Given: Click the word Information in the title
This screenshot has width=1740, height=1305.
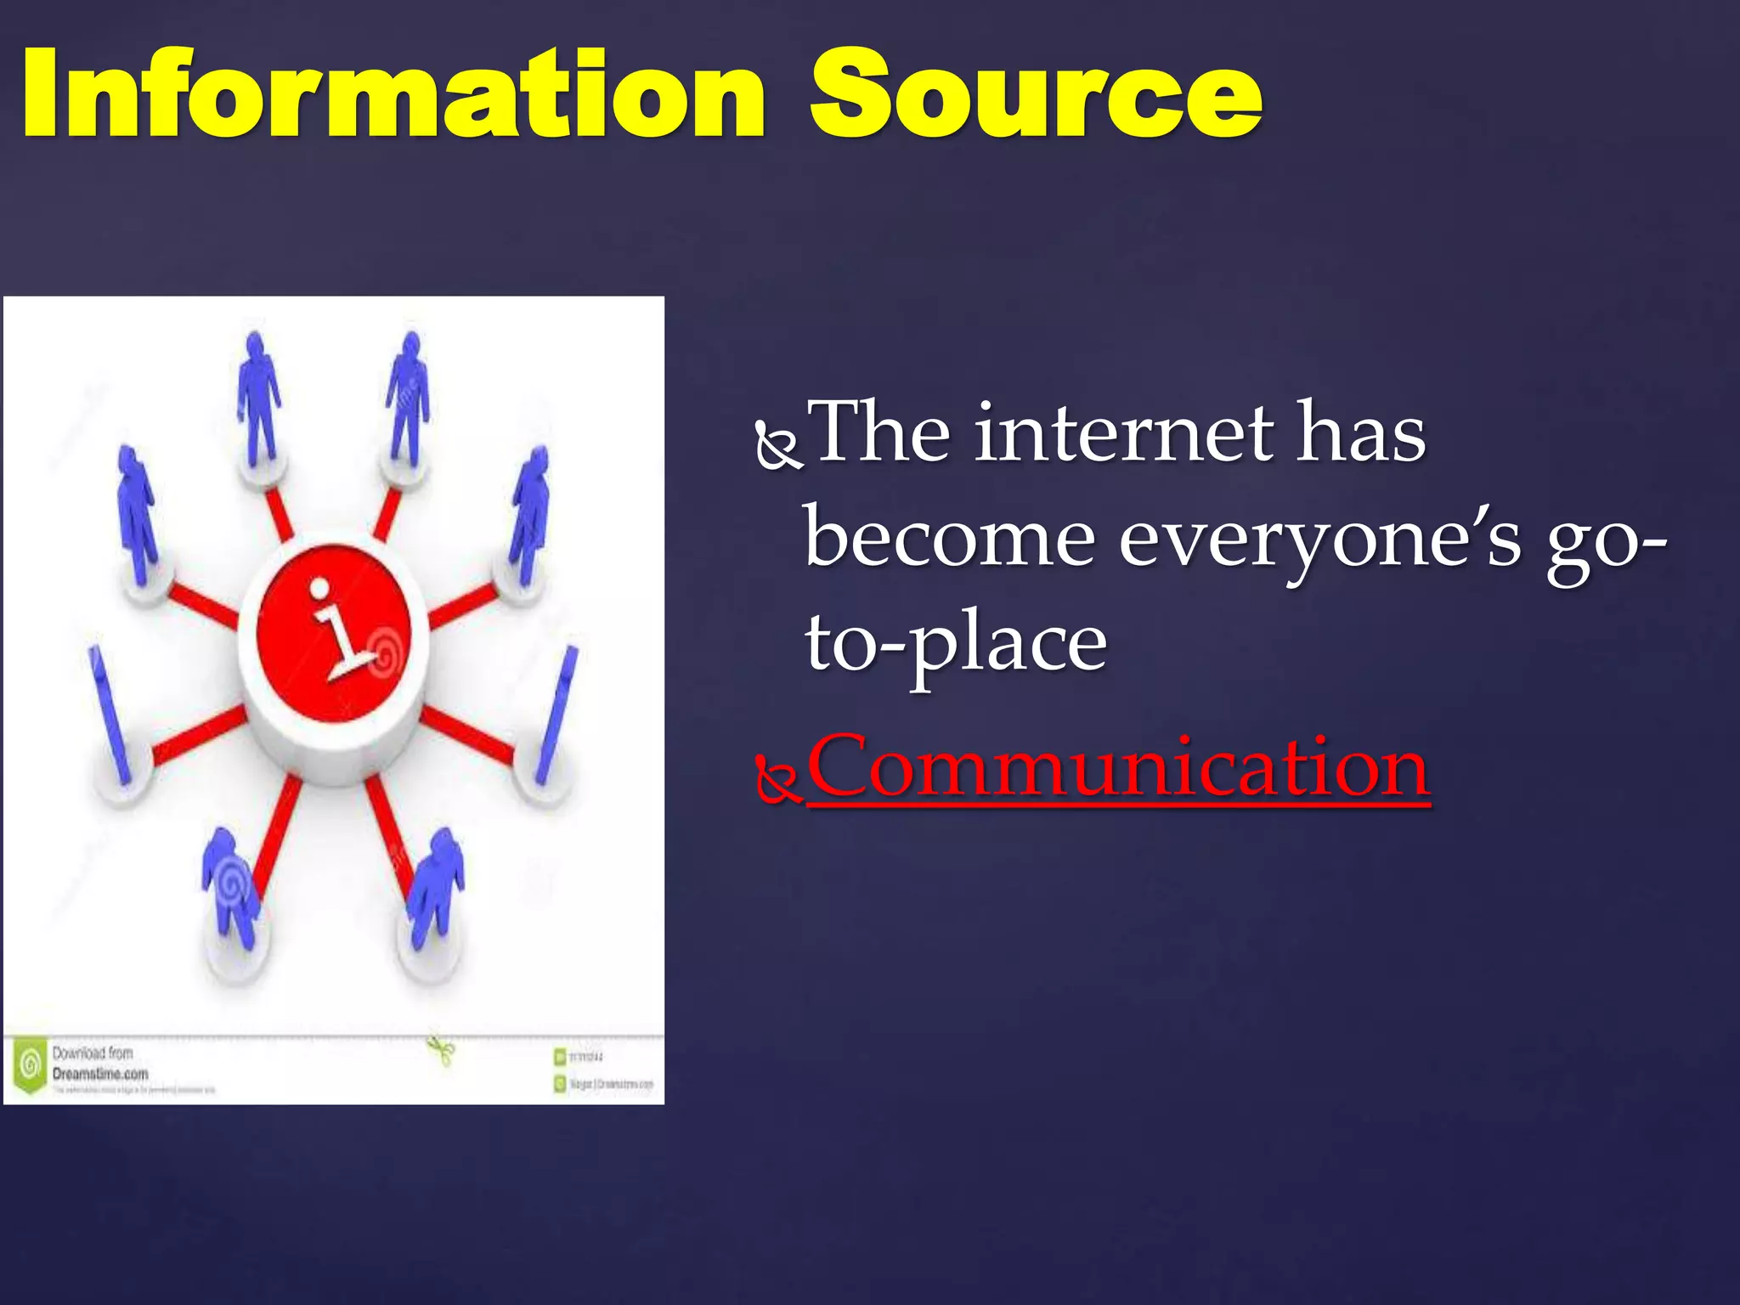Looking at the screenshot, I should [x=393, y=95].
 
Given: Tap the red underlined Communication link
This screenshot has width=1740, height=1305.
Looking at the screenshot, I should [x=1117, y=767].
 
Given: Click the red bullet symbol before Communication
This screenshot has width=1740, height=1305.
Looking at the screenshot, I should [x=777, y=781].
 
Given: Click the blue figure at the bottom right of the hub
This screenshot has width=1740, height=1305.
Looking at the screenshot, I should [x=435, y=888].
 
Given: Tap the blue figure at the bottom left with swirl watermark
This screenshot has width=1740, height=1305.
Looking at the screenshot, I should [x=229, y=888].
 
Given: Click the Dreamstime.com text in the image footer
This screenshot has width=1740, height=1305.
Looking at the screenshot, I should [x=100, y=1074].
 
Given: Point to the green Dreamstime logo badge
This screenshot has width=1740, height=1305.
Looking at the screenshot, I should [x=31, y=1065].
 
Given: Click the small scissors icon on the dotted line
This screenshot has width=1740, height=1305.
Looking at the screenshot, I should [x=441, y=1050].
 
